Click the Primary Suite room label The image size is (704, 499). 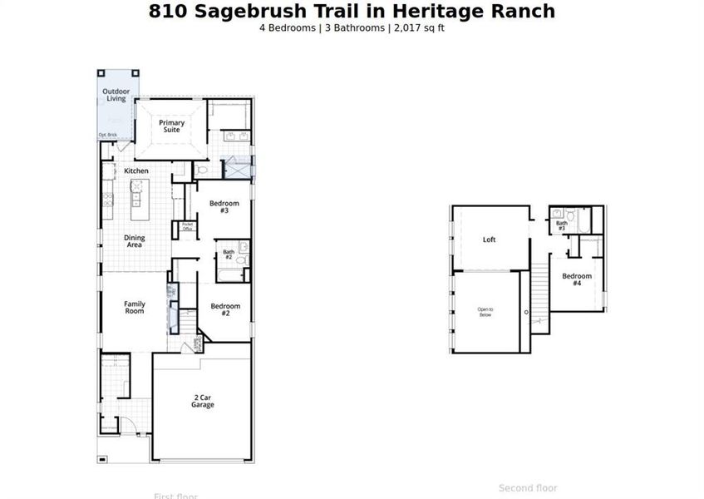172,126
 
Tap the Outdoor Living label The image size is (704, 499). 116,95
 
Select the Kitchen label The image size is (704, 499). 136,171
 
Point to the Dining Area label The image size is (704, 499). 135,241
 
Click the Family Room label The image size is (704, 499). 135,308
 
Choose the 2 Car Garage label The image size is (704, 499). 203,402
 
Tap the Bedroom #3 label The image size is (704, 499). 224,207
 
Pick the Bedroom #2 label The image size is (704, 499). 225,309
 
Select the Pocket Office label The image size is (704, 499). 187,226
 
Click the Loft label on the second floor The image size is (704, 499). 490,240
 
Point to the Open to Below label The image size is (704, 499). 485,313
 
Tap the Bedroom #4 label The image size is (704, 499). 577,279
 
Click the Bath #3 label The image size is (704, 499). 562,225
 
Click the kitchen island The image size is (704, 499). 136,198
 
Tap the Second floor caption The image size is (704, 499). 528,488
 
